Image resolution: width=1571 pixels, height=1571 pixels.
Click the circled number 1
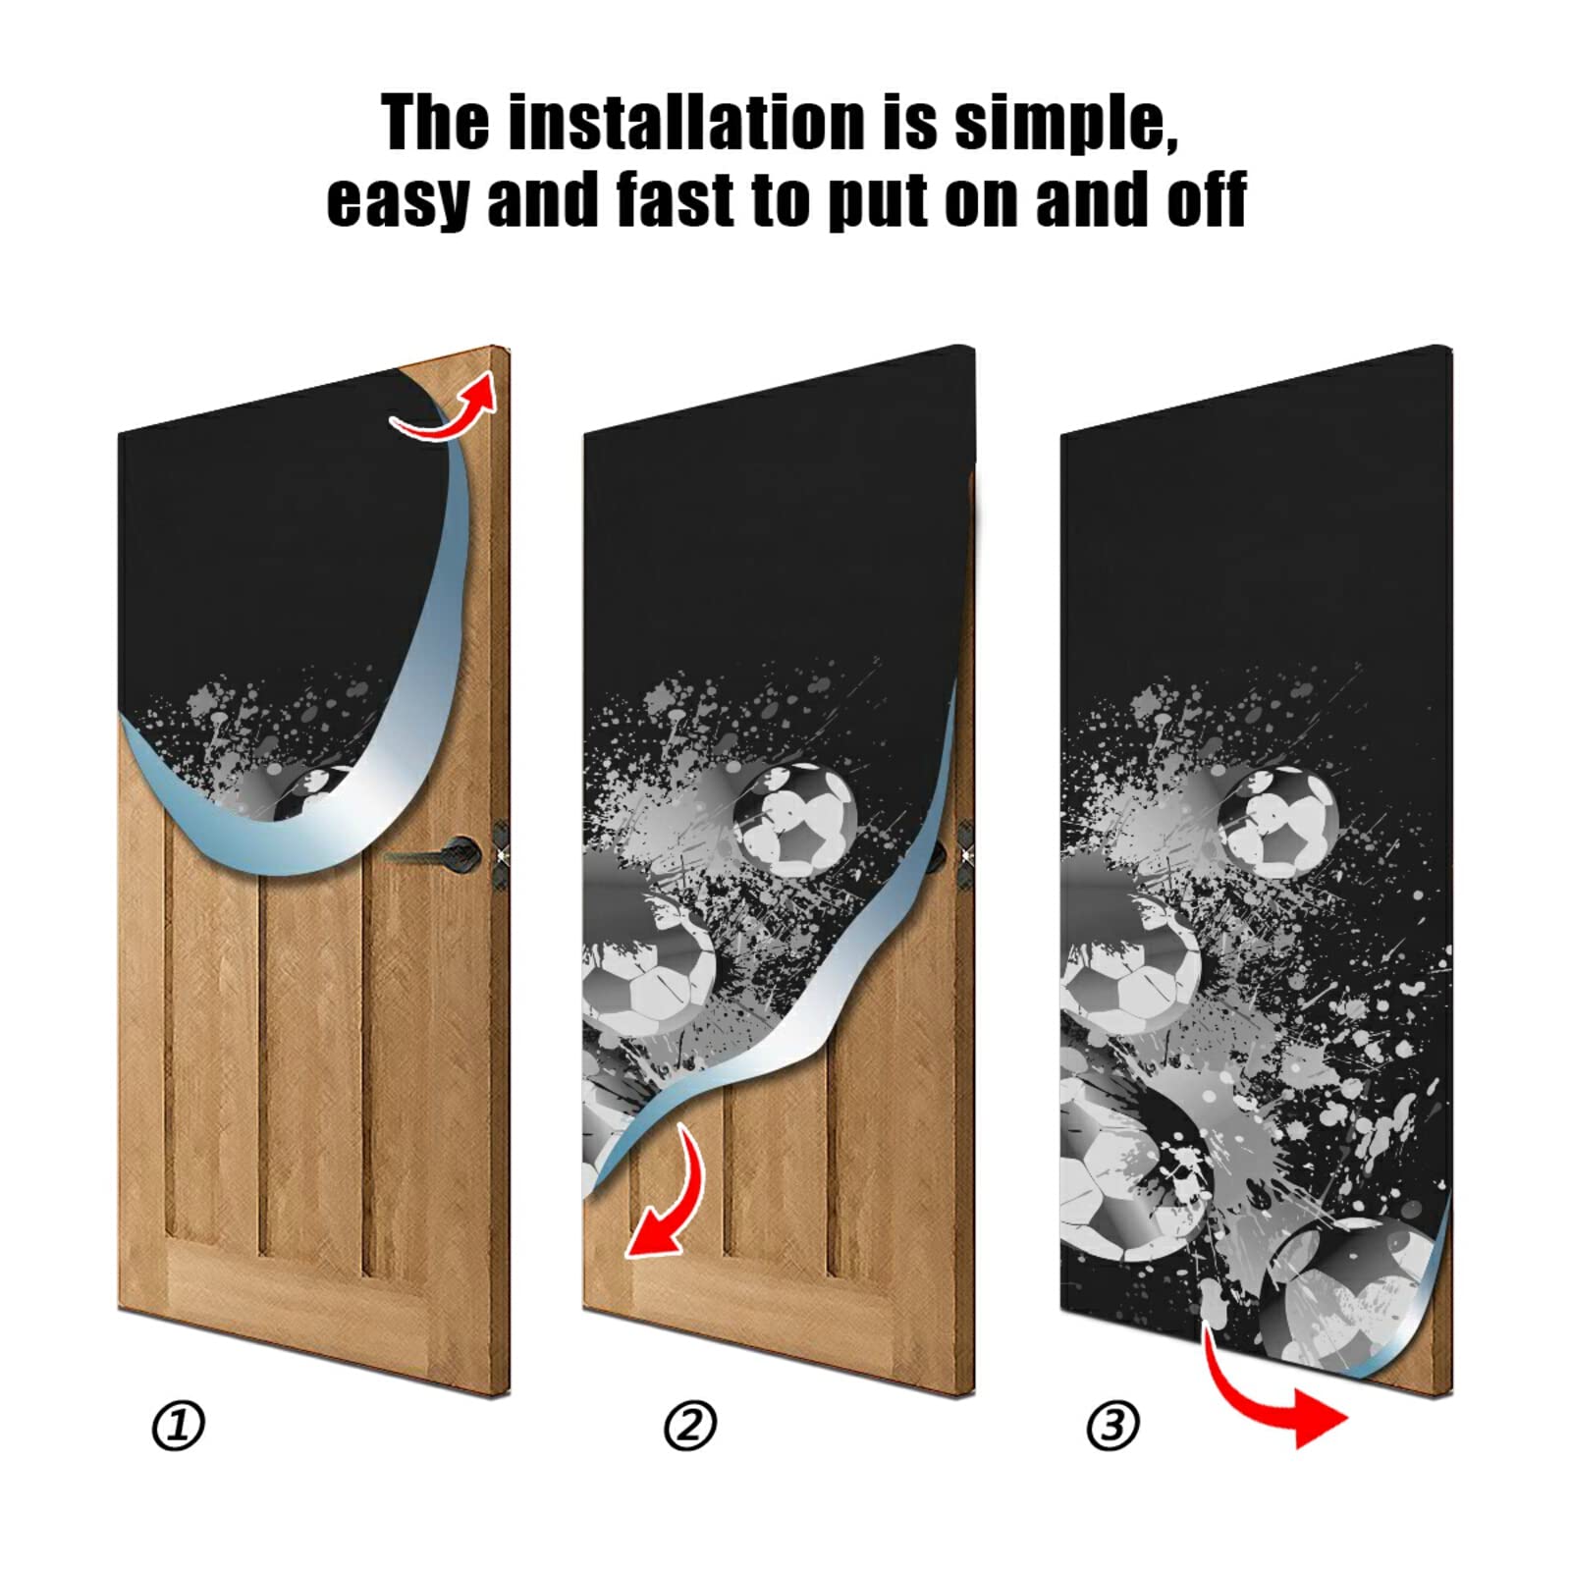(x=178, y=1426)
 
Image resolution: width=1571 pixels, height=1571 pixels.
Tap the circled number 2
(x=689, y=1426)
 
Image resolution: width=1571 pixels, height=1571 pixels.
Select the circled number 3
(x=1112, y=1426)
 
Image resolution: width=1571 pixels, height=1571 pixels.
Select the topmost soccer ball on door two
(x=795, y=821)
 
